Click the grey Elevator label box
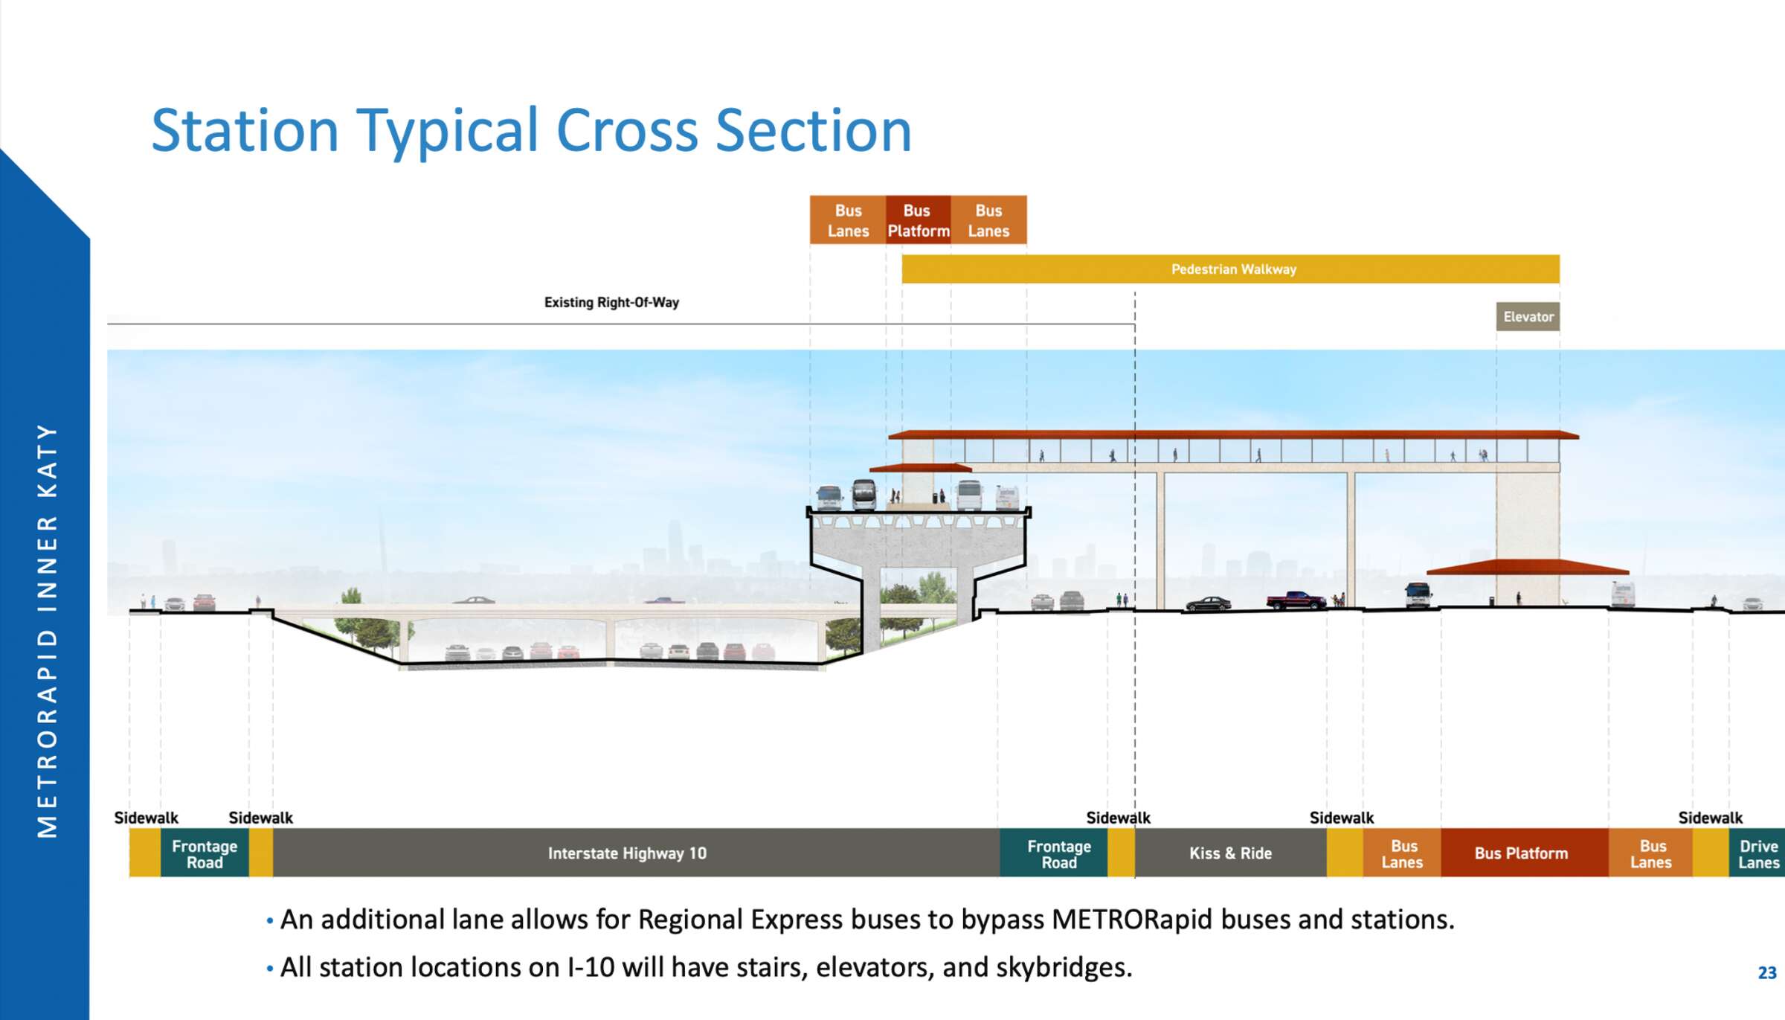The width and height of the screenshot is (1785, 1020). click(1528, 317)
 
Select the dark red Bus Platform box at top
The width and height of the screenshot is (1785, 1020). click(918, 220)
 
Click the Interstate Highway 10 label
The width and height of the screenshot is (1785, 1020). click(627, 853)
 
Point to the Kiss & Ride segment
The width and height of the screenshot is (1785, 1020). click(1230, 853)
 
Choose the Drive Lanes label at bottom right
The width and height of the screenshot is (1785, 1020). click(1757, 854)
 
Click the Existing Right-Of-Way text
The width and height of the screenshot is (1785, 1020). click(611, 303)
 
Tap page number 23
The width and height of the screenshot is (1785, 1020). click(1766, 972)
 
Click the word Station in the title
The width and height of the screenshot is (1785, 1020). click(245, 131)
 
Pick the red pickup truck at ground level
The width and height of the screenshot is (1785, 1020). click(1296, 600)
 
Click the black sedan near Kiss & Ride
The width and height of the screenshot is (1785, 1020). click(1208, 603)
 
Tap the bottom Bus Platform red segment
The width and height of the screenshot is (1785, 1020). click(1522, 853)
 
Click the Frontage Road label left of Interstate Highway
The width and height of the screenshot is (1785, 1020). click(205, 854)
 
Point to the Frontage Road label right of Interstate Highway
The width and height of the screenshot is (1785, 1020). click(1059, 854)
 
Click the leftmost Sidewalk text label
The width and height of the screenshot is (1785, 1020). click(146, 818)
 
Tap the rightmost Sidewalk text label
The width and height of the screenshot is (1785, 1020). click(1710, 818)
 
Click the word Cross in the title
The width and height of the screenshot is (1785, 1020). click(626, 131)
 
